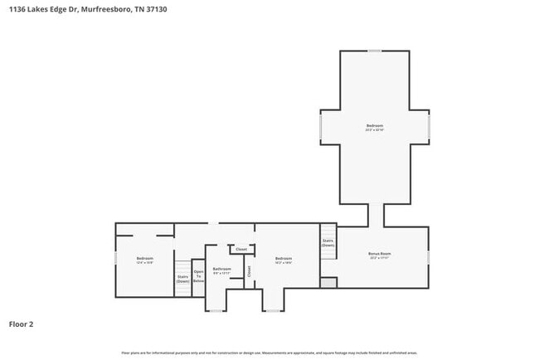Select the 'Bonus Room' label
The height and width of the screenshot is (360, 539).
(x=380, y=255)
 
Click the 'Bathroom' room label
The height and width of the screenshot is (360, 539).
(x=221, y=270)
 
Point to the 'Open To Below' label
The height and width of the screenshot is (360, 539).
(x=198, y=276)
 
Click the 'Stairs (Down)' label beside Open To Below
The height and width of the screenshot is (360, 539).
(x=182, y=280)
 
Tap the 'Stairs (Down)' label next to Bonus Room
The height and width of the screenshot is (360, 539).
(x=328, y=243)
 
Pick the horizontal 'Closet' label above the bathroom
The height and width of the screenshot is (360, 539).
(x=241, y=249)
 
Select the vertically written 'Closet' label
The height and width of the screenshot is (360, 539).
(x=249, y=270)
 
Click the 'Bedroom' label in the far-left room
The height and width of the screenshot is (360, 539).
(x=145, y=260)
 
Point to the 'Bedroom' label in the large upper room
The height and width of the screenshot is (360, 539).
(x=375, y=128)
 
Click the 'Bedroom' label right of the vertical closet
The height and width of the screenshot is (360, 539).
(x=284, y=260)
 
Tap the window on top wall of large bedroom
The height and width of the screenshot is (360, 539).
(x=375, y=51)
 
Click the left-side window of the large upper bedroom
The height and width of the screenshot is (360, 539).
(x=321, y=127)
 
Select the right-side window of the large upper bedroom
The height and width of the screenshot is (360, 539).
(x=429, y=127)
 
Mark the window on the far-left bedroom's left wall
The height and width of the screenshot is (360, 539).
(x=115, y=259)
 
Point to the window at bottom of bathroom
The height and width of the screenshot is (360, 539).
(x=216, y=311)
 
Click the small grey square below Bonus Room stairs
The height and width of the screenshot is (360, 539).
(x=328, y=283)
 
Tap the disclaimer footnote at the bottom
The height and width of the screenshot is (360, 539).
(x=269, y=353)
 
